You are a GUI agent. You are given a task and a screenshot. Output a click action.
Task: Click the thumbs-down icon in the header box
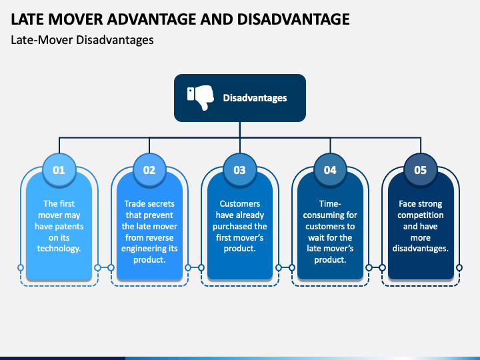click(199, 98)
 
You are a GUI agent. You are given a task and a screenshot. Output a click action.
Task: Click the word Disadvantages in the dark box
click(255, 98)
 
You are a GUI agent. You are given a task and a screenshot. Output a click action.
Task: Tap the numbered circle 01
click(59, 170)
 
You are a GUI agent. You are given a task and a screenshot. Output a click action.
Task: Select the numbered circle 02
click(149, 170)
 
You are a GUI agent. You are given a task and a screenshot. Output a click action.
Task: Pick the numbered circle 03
click(239, 170)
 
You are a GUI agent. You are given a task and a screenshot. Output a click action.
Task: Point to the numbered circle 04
click(330, 170)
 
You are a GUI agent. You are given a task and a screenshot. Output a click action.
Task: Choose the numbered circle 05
click(420, 170)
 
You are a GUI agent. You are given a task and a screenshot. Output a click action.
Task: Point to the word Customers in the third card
click(239, 203)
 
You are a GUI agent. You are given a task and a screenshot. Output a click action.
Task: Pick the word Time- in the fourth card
click(330, 203)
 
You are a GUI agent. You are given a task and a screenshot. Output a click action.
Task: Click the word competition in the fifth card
click(420, 215)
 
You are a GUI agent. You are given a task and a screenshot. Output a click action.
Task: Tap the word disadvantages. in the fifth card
click(420, 249)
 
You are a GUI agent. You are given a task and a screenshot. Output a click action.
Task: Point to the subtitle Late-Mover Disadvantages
click(82, 40)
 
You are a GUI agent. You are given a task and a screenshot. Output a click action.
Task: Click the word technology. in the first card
click(59, 249)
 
